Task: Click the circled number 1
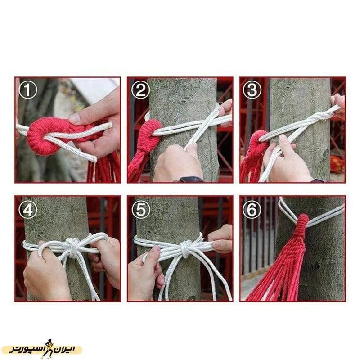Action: (x=28, y=90)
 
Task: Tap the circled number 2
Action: (x=140, y=90)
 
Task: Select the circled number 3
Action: (x=252, y=90)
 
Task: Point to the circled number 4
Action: (x=28, y=209)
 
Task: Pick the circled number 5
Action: (x=140, y=209)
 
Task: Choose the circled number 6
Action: (x=252, y=209)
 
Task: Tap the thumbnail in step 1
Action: (x=75, y=118)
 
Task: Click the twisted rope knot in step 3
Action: (x=319, y=117)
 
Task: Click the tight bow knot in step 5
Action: (x=185, y=248)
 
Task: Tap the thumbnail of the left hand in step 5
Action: (x=156, y=249)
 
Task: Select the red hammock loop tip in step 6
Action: (x=303, y=217)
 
